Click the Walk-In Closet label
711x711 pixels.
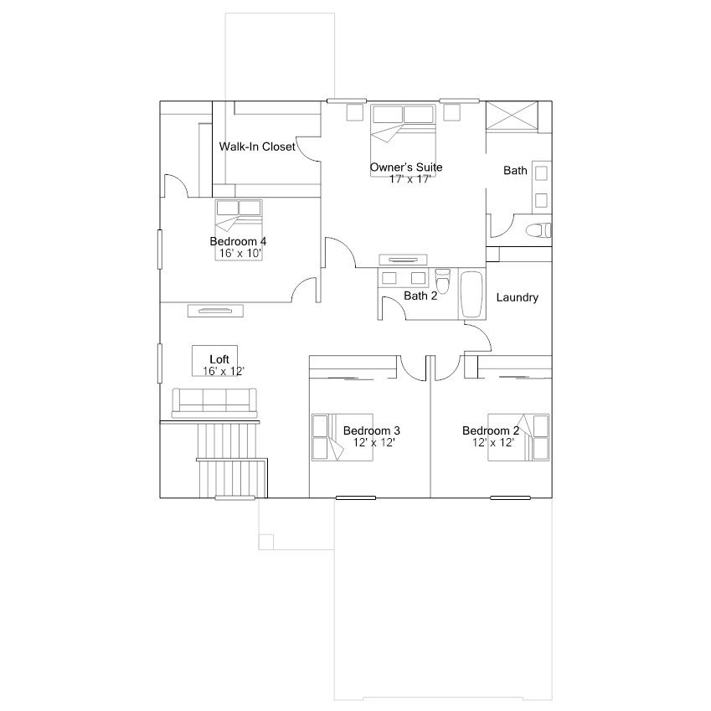[257, 147]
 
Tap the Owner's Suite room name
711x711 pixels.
[406, 167]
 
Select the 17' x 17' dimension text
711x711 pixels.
[410, 179]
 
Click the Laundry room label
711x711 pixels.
[518, 297]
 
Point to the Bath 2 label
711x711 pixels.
[420, 296]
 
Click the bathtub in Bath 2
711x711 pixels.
[472, 294]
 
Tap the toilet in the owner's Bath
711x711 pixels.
[538, 230]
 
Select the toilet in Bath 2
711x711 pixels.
[442, 281]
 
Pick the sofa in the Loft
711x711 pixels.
[214, 403]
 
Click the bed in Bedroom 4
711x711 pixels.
[239, 230]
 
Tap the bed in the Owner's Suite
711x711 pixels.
[403, 140]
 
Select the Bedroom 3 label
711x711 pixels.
[371, 430]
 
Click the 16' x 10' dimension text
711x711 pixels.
[240, 253]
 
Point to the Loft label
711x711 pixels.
[219, 359]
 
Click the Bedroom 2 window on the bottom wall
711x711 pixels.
[510, 498]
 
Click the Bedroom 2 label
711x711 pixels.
[491, 430]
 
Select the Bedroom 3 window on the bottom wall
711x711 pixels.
[355, 498]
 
